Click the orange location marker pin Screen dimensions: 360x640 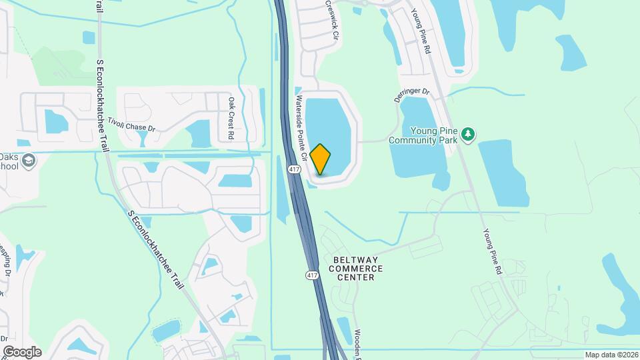[321, 159]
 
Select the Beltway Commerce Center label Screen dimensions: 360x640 [355, 268]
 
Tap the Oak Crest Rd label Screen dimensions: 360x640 [231, 119]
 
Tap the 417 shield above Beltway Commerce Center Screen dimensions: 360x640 [312, 275]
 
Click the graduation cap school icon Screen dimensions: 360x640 [29, 161]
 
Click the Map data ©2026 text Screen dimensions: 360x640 [611, 355]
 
